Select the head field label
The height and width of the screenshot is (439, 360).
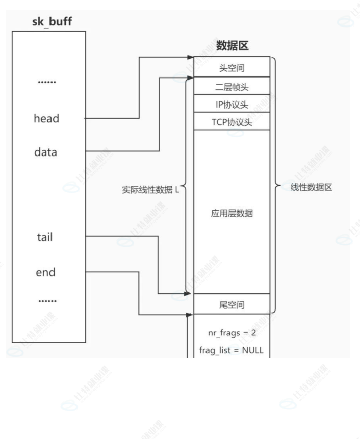click(46, 119)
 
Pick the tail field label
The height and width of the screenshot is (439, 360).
click(45, 237)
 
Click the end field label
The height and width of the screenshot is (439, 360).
click(45, 273)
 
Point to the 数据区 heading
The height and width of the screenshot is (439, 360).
click(232, 46)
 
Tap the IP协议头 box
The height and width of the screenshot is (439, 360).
click(232, 105)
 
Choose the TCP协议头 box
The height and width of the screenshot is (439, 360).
click(232, 122)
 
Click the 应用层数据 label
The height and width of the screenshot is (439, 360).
click(232, 214)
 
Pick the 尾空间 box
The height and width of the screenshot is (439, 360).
click(232, 305)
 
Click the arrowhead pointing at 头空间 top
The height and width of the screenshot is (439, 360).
click(190, 58)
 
